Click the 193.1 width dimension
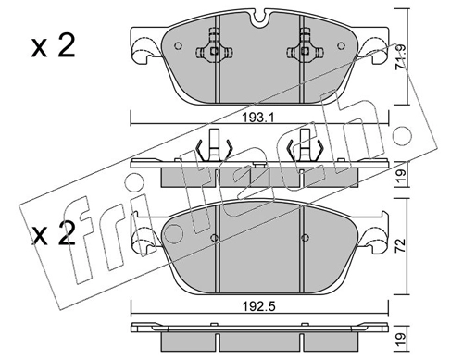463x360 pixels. click(x=258, y=118)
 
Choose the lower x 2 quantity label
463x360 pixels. click(x=53, y=234)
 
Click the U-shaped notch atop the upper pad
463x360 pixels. click(x=260, y=17)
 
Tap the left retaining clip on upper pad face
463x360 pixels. click(x=214, y=45)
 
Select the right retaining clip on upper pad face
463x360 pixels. click(x=305, y=45)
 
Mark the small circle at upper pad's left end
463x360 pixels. click(x=178, y=46)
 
